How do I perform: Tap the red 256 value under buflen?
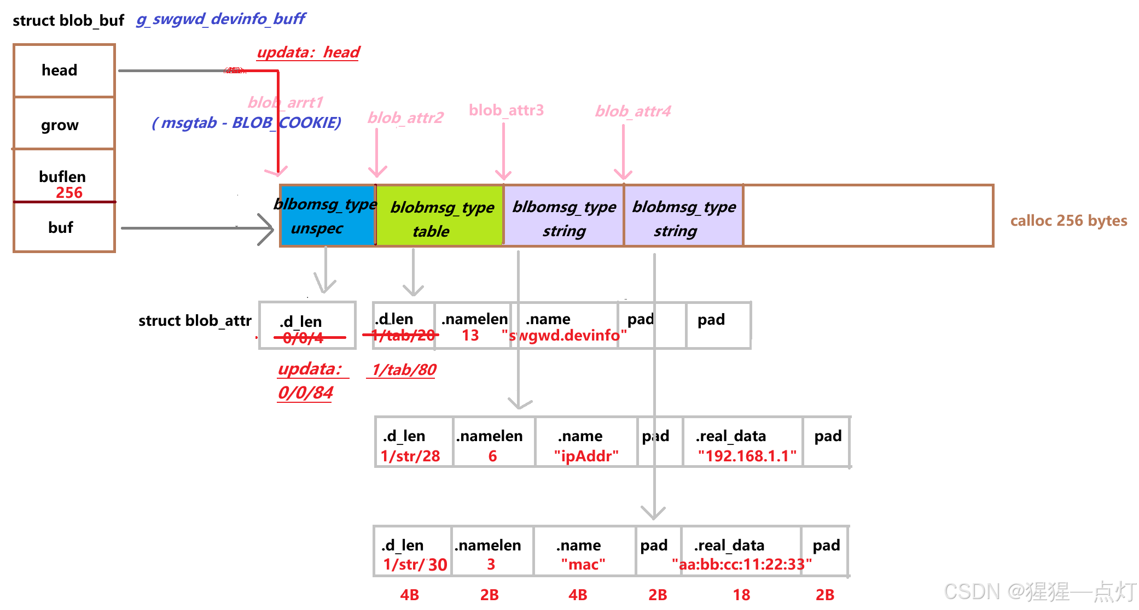(x=69, y=192)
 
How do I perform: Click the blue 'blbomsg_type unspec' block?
(x=327, y=216)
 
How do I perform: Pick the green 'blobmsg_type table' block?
(x=440, y=217)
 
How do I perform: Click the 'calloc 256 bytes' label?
(x=1068, y=220)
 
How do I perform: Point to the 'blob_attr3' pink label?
(x=506, y=110)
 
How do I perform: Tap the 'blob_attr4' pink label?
(x=633, y=112)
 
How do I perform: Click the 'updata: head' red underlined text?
(x=308, y=52)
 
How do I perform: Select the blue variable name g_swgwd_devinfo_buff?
(x=220, y=19)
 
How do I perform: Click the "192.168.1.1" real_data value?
(x=747, y=456)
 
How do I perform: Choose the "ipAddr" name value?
(x=586, y=456)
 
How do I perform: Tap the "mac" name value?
(x=583, y=564)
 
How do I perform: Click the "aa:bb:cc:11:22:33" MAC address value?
(x=742, y=564)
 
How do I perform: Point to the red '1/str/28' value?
(x=410, y=456)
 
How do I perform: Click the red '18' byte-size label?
(x=741, y=595)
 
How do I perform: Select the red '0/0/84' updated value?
(x=305, y=392)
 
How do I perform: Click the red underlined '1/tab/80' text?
(x=404, y=370)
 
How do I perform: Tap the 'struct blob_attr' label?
(x=195, y=321)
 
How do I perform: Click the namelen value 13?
(x=470, y=335)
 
